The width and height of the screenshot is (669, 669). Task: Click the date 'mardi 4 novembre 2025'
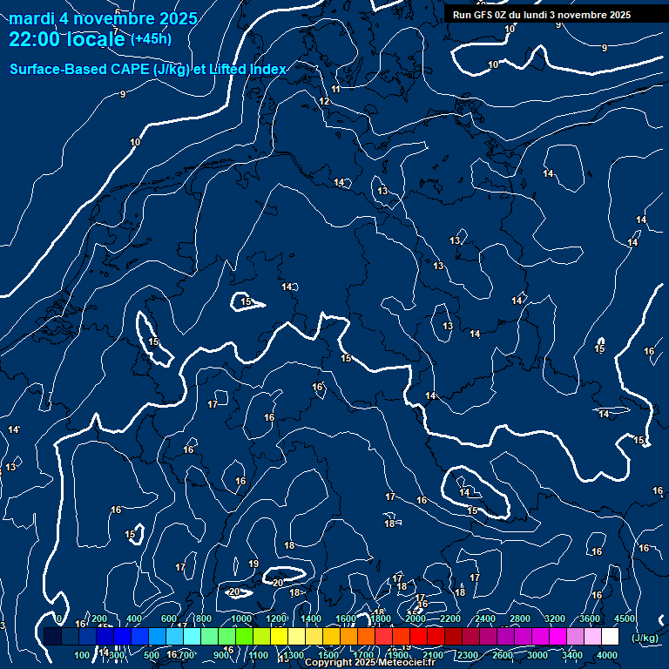click(103, 18)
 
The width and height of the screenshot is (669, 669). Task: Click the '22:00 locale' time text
click(67, 39)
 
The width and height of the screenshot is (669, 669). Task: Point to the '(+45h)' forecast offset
click(151, 39)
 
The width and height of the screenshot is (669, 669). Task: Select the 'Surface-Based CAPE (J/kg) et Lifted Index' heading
click(147, 69)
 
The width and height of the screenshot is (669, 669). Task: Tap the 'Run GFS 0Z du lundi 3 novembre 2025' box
click(542, 15)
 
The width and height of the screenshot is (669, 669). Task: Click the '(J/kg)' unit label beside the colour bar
click(645, 639)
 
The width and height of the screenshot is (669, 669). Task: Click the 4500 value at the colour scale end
click(624, 618)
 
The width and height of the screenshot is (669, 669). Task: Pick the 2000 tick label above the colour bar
click(415, 618)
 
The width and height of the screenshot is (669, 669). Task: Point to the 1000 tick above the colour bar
click(240, 618)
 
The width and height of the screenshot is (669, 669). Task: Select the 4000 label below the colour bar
click(607, 655)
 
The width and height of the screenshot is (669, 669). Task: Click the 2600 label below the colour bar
click(503, 655)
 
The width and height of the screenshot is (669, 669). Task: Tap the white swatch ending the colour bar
click(610, 637)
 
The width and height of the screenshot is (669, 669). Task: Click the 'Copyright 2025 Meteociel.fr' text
click(362, 663)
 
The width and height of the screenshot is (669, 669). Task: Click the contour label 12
click(324, 102)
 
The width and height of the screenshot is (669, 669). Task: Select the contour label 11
click(336, 89)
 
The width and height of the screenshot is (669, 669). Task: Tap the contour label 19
click(253, 564)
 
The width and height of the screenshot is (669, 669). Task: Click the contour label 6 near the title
click(117, 12)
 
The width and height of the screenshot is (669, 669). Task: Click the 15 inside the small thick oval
click(247, 302)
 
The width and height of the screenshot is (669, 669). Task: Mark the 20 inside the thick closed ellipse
click(278, 583)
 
